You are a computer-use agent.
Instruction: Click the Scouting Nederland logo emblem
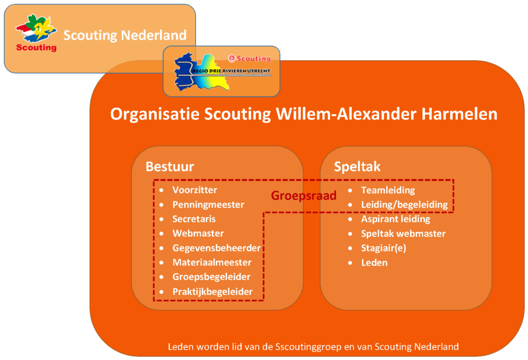click(x=37, y=33)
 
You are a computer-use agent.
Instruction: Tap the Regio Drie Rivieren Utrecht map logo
click(x=222, y=72)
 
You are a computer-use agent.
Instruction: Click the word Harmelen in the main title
click(x=459, y=114)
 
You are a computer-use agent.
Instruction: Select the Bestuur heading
click(x=170, y=167)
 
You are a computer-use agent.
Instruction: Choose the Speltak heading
click(x=357, y=167)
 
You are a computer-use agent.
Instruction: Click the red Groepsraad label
click(x=304, y=195)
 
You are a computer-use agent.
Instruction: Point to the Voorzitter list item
click(x=194, y=190)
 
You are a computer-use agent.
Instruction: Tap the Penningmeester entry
click(x=208, y=204)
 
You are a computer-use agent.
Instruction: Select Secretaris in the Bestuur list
click(x=194, y=219)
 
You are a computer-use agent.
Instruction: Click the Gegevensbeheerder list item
click(x=217, y=248)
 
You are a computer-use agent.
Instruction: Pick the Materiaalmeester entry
click(x=212, y=263)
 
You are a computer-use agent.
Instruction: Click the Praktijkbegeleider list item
click(x=212, y=291)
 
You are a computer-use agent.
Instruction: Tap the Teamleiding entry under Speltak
click(x=388, y=190)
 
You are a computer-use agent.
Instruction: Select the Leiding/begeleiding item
click(x=404, y=205)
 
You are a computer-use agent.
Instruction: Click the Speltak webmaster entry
click(x=403, y=234)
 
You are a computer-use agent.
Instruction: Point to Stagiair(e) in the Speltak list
click(x=384, y=248)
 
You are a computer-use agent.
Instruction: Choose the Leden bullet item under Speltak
click(x=374, y=263)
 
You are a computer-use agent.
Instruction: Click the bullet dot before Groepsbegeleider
click(x=161, y=277)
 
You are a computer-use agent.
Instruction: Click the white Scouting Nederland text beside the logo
click(x=125, y=35)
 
